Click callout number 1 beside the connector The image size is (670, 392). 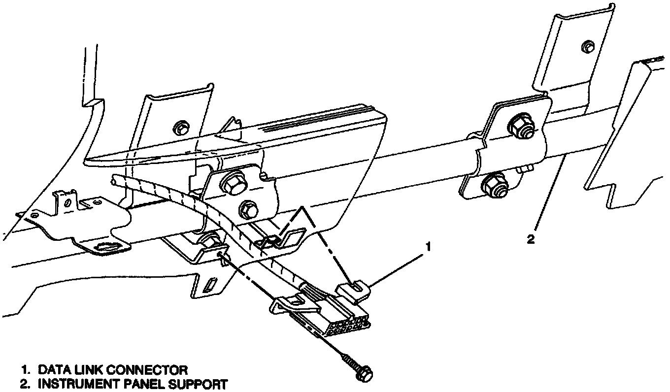point(429,246)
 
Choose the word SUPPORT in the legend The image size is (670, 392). point(196,383)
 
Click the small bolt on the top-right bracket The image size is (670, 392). point(587,46)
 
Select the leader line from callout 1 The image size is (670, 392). point(395,269)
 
